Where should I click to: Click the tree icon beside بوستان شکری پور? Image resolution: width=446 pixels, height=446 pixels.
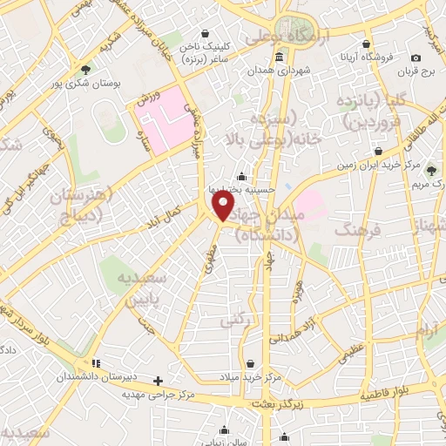coord(84,69)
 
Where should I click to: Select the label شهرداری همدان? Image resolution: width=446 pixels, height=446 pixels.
coord(279,71)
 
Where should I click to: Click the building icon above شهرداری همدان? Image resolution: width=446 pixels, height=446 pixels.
coord(279,58)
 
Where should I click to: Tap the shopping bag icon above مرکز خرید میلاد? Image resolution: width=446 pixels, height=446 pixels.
coord(251,363)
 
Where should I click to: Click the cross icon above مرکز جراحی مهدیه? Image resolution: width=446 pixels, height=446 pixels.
coord(158,381)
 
